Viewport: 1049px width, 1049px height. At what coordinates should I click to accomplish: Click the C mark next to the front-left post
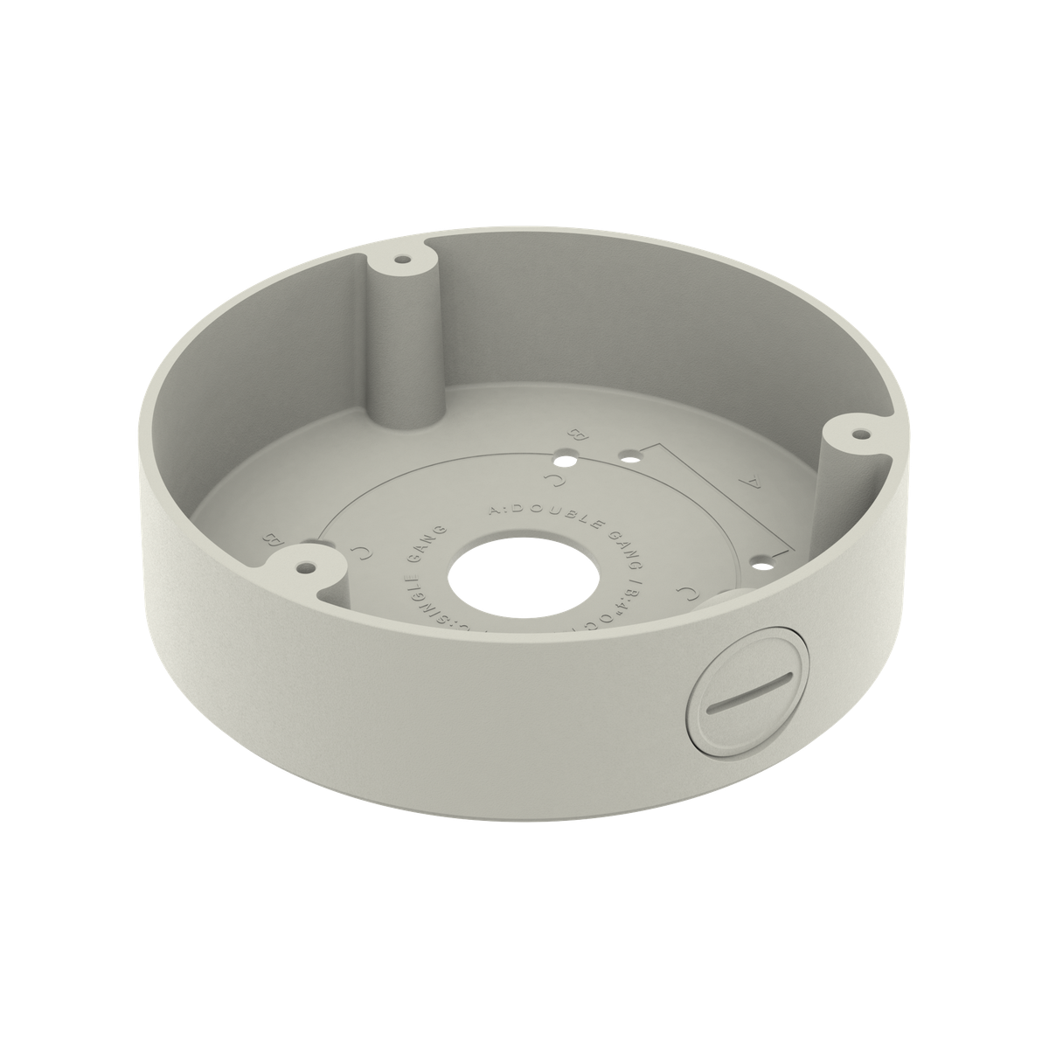[x=359, y=550]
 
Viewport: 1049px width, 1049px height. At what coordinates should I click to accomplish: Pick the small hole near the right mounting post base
[x=767, y=556]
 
